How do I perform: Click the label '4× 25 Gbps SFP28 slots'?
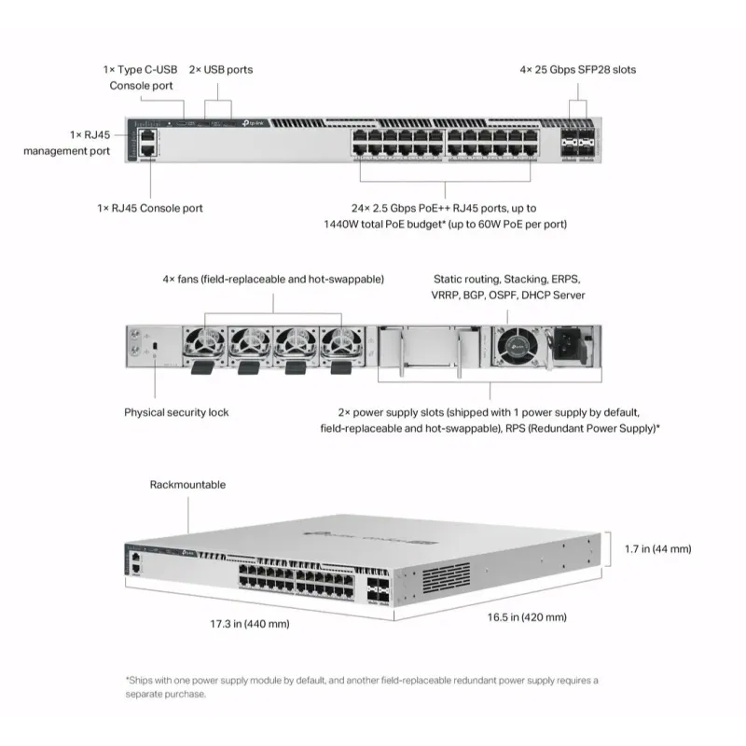pyautogui.click(x=578, y=70)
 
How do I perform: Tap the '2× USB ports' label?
pyautogui.click(x=220, y=70)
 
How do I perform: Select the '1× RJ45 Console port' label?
pyautogui.click(x=150, y=208)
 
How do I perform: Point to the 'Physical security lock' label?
pyautogui.click(x=176, y=412)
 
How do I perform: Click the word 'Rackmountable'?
pyautogui.click(x=187, y=485)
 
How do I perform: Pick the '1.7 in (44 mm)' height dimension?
pyautogui.click(x=658, y=550)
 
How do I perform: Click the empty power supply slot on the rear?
pyautogui.click(x=429, y=346)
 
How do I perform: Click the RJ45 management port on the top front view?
pyautogui.click(x=147, y=137)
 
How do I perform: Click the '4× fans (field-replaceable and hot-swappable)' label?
pyautogui.click(x=273, y=279)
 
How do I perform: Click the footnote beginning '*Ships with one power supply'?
pyautogui.click(x=362, y=686)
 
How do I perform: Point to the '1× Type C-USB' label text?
pyautogui.click(x=140, y=70)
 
